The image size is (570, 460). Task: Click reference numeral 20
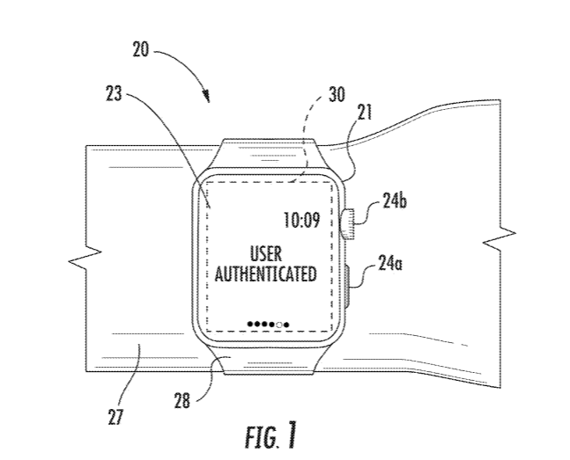coord(140,49)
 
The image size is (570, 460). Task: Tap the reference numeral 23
coord(114,93)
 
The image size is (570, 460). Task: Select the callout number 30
coord(337,94)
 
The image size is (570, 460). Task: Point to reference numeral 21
coord(365,113)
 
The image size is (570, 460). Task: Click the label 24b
coord(395,200)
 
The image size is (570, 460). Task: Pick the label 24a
coord(390,263)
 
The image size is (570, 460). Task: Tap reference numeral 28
coord(182,401)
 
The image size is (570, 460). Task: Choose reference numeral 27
coord(116,417)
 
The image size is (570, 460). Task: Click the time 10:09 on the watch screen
coord(301,220)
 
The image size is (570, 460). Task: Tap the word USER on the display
coord(266,254)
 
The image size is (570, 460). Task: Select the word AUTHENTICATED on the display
coord(265,274)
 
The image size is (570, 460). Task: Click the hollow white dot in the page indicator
coord(279,325)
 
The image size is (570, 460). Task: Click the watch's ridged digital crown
coord(348,223)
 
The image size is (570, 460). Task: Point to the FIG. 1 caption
coord(270,435)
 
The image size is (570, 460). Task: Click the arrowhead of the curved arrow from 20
coord(208,98)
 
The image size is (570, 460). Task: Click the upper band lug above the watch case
coord(269,153)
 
